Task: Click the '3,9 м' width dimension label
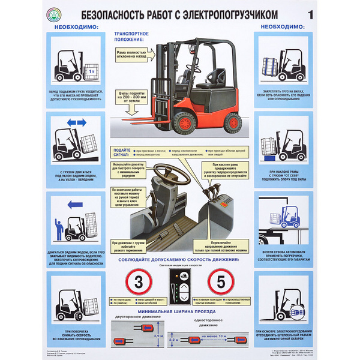point(157,338)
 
